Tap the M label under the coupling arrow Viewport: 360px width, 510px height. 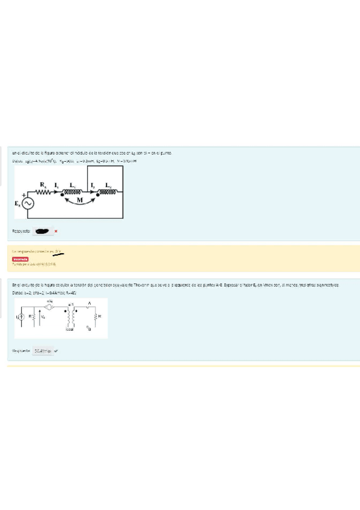[x=80, y=200]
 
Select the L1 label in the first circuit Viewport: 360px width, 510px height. [x=73, y=185]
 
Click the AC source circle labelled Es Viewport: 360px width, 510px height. [x=28, y=204]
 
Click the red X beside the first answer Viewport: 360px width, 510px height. [x=56, y=230]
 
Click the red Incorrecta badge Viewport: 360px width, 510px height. [x=21, y=259]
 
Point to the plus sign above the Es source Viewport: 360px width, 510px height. [x=24, y=195]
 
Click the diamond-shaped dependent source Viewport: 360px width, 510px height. [x=50, y=306]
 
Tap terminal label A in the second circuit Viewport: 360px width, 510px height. [x=89, y=303]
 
